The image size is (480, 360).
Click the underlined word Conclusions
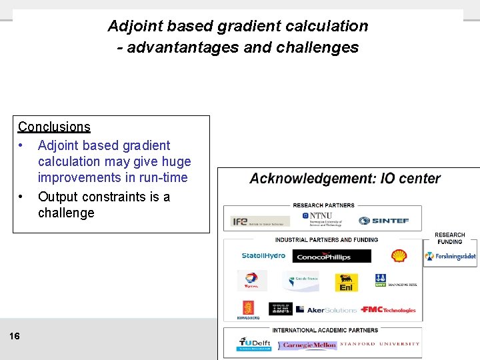54,127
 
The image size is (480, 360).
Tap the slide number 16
15,336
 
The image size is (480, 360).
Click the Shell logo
399,256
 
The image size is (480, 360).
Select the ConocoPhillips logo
323,257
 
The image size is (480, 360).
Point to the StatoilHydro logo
263,256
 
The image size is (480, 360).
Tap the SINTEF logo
383,221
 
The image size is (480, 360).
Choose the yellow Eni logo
346,282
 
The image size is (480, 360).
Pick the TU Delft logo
254,344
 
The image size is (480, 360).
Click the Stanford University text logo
380,344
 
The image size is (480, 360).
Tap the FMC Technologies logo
388,309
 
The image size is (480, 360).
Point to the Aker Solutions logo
327,310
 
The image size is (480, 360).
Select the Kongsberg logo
248,310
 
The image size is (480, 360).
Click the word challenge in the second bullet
66,213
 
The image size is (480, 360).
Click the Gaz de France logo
299,281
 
